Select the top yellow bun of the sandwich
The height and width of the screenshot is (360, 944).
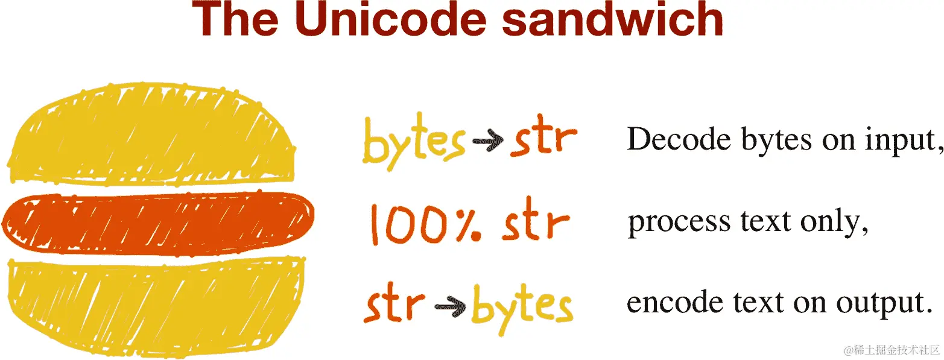point(151,136)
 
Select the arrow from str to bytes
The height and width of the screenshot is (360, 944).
point(447,306)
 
